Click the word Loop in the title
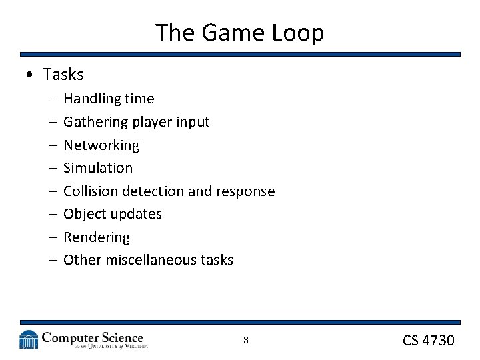click(x=297, y=33)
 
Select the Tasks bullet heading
click(x=63, y=74)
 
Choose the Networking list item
click(x=101, y=145)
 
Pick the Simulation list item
click(x=98, y=168)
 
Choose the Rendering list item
click(x=97, y=237)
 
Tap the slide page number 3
click(x=245, y=341)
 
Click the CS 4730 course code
click(x=429, y=341)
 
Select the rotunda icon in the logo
click(x=29, y=339)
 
